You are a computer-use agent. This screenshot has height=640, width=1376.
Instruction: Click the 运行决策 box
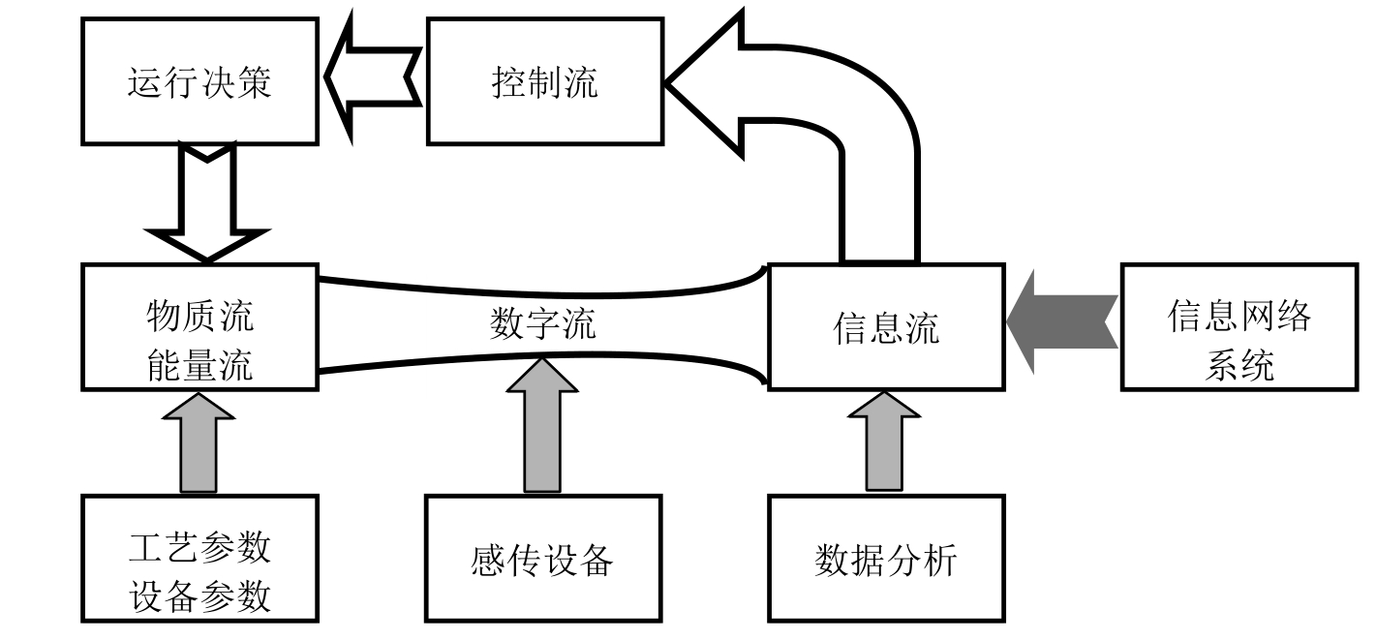click(199, 82)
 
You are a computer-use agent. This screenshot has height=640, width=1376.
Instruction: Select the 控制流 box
click(545, 82)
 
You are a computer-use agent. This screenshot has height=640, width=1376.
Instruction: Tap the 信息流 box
click(886, 327)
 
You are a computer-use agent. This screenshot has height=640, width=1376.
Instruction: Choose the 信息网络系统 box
click(1238, 327)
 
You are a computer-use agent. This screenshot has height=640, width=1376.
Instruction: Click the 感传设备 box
click(543, 559)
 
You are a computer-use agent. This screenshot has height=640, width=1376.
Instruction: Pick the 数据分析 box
click(886, 559)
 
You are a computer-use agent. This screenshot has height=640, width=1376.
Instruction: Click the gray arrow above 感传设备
click(542, 426)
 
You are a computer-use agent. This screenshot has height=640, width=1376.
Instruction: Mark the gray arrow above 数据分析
click(883, 441)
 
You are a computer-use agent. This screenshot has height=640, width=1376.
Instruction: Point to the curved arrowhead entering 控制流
click(707, 82)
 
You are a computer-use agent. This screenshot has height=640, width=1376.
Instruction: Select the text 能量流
click(199, 364)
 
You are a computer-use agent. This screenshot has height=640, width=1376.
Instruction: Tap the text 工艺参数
click(199, 546)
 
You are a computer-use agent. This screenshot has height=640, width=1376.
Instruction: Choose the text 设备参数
click(199, 596)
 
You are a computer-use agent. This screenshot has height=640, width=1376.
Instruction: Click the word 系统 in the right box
click(1238, 366)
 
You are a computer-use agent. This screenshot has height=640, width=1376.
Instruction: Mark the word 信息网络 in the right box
click(1238, 316)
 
